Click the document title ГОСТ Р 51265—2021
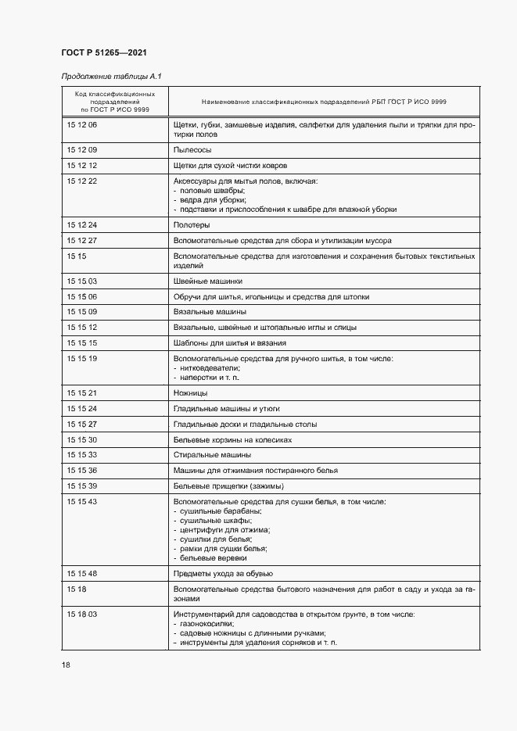103,52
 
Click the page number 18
66,665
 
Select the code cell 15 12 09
82,149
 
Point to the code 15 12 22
82,181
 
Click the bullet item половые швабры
212,191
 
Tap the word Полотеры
192,224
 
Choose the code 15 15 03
82,281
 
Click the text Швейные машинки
207,281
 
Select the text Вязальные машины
210,311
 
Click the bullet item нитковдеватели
209,368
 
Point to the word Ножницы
190,393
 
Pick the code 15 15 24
82,408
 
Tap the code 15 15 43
82,501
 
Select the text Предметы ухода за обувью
223,574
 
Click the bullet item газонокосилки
207,625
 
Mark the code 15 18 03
82,615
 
